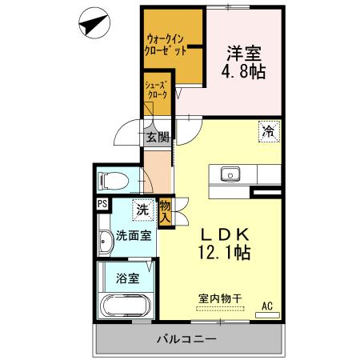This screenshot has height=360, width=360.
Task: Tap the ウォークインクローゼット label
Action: coord(166,44)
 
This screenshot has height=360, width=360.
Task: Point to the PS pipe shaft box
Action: coord(102,203)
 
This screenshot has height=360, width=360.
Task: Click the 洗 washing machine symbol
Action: coord(142,210)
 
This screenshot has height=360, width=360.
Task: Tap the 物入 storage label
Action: coord(166,210)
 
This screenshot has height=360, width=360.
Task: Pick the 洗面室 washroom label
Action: coord(134,235)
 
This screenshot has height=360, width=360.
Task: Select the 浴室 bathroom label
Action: coord(128,279)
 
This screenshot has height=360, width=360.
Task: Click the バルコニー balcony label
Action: coord(186,340)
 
